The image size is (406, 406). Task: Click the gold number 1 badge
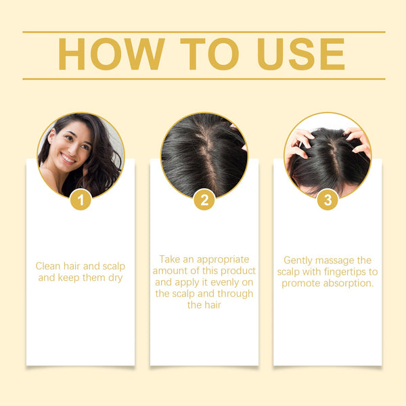point(81,200)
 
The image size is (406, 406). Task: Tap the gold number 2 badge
point(204,200)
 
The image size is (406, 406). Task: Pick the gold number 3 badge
point(328,200)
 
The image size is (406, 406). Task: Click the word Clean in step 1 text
point(49,266)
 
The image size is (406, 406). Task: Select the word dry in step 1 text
point(113,277)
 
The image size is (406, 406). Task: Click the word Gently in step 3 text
point(298,260)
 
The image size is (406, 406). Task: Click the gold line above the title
point(204,32)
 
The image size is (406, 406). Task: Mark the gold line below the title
point(204,78)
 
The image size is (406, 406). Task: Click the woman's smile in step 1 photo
point(69,160)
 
